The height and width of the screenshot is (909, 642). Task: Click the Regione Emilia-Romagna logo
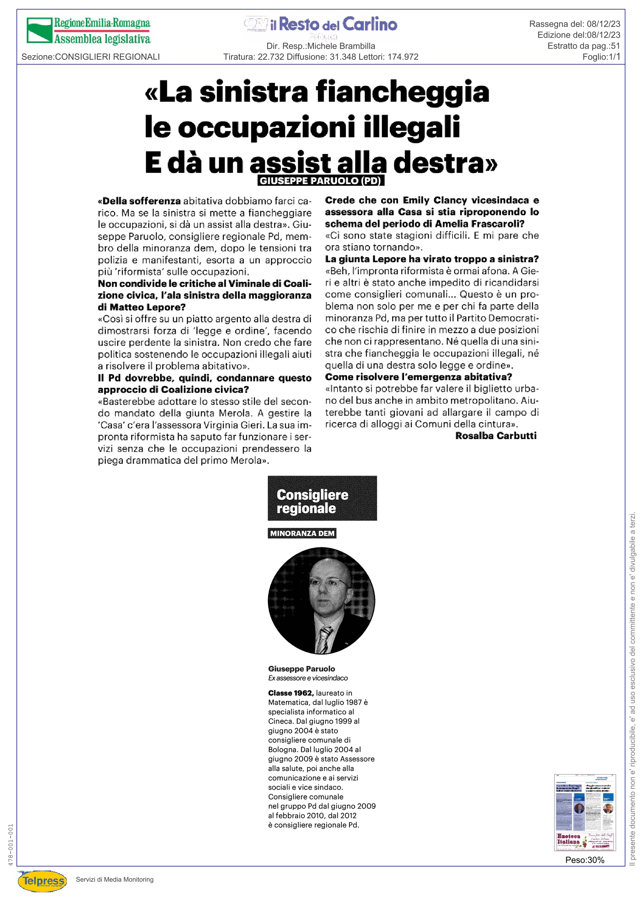tap(88, 30)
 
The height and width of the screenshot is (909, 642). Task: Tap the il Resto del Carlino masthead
tap(321, 25)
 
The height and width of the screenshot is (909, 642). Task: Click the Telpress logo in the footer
tap(42, 881)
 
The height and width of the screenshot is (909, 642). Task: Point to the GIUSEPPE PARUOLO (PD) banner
tap(320, 181)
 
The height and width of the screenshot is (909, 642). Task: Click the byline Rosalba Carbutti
tap(496, 436)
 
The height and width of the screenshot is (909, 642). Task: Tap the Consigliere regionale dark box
tap(322, 498)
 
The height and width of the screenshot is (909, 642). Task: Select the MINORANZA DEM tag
tap(302, 533)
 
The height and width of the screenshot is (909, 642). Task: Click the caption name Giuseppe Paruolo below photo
tap(301, 669)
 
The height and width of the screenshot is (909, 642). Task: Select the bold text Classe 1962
tap(291, 693)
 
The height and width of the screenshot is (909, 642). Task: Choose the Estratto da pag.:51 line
tap(583, 46)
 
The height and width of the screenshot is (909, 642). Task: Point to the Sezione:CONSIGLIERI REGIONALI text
tap(90, 57)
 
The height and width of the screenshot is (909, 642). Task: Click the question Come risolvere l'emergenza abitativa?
tap(419, 377)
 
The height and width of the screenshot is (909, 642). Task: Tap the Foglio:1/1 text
tap(601, 57)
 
